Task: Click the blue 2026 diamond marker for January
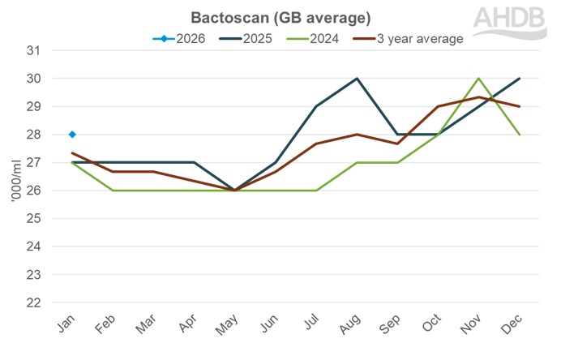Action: click(x=72, y=135)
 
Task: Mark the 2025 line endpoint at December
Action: click(x=520, y=79)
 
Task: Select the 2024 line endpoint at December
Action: click(x=520, y=135)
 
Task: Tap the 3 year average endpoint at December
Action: click(x=520, y=106)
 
